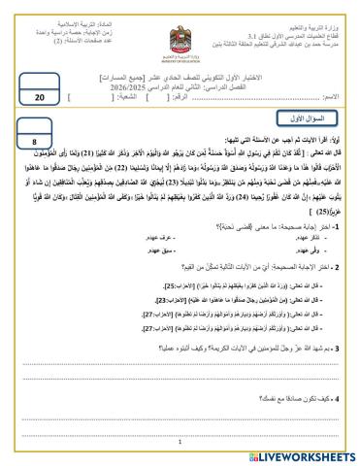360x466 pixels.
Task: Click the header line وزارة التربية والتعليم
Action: (x=314, y=9)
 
